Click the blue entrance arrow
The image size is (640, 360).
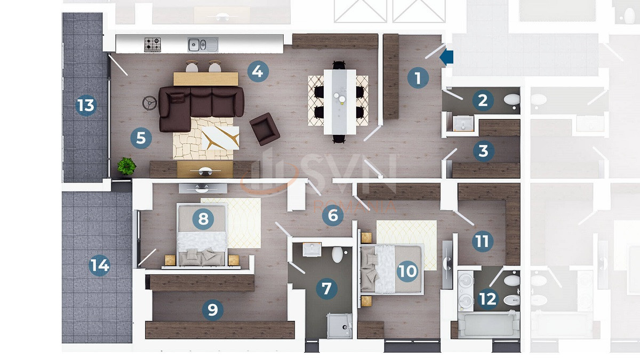[446, 57]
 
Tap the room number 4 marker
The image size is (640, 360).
[258, 71]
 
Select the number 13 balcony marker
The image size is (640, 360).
[86, 105]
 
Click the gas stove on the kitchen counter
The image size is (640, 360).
[153, 45]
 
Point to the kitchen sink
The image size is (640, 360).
[203, 45]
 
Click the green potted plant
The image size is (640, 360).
[126, 166]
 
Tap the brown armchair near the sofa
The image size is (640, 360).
[265, 129]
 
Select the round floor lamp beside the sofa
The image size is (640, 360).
[150, 103]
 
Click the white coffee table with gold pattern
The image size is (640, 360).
[220, 138]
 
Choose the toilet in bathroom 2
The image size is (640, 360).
[511, 100]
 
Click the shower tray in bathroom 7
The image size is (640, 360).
[339, 326]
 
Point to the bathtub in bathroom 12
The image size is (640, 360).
[489, 325]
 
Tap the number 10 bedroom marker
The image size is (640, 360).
[407, 271]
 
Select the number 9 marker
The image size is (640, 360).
[213, 309]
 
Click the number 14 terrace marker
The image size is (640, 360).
[99, 265]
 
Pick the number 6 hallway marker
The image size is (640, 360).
[333, 215]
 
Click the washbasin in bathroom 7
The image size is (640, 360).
[312, 250]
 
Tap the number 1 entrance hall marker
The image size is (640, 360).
[418, 78]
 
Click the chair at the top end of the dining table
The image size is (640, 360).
[339, 65]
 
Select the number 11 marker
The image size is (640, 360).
[483, 241]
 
